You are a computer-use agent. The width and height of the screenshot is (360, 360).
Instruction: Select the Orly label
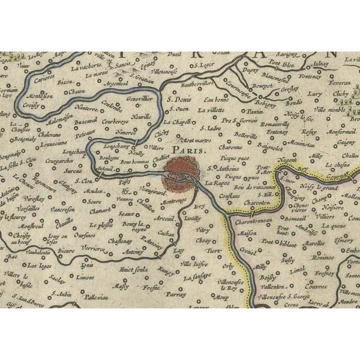pos(228,264)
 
